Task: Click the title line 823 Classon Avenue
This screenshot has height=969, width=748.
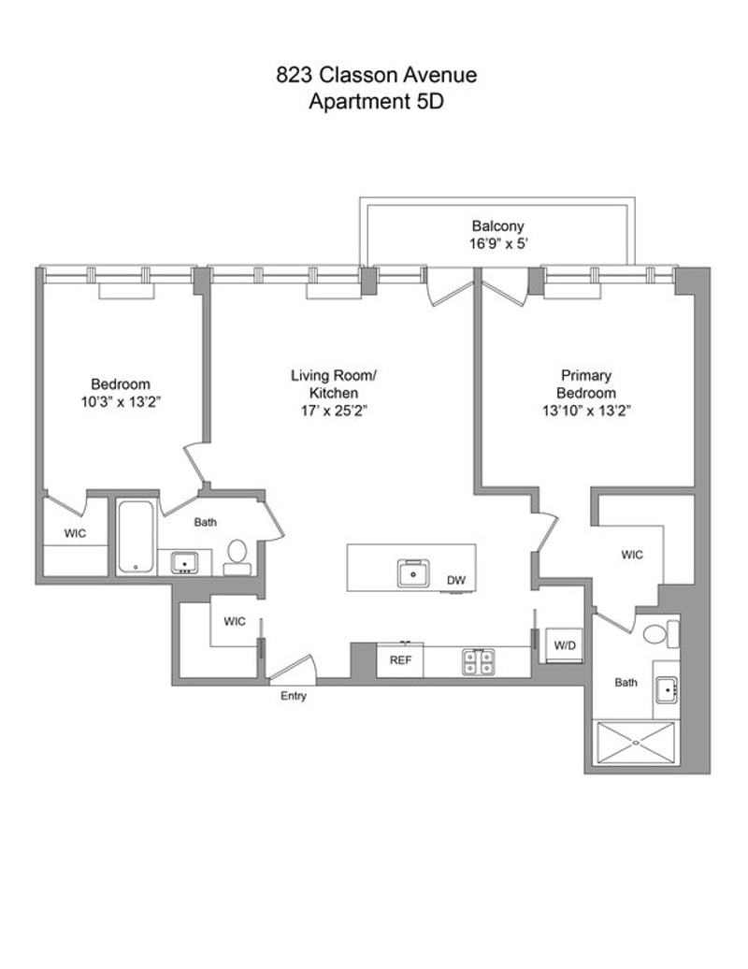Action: point(376,75)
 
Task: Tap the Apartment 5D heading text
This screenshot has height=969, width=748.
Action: point(376,101)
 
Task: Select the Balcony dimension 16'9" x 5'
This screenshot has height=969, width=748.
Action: point(497,243)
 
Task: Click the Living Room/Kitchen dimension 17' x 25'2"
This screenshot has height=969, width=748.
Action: point(334,411)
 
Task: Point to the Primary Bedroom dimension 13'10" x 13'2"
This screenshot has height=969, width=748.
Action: point(586,411)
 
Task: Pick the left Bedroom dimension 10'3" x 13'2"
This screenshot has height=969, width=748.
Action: point(121,401)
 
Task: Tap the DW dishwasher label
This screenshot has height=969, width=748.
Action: point(456,580)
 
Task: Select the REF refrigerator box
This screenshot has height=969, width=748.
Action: point(400,660)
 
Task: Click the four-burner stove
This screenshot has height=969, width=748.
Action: point(479,662)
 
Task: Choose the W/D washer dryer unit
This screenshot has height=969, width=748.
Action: point(565,645)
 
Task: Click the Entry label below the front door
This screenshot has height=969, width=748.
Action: point(294,696)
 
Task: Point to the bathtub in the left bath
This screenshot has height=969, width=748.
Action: point(136,537)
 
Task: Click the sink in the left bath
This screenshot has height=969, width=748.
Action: point(185,563)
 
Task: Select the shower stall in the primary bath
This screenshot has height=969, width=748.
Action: point(636,744)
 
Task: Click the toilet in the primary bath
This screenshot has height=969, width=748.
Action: point(660,634)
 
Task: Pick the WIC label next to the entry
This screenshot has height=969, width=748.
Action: point(235,622)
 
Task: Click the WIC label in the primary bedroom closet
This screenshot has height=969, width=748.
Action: point(632,555)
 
